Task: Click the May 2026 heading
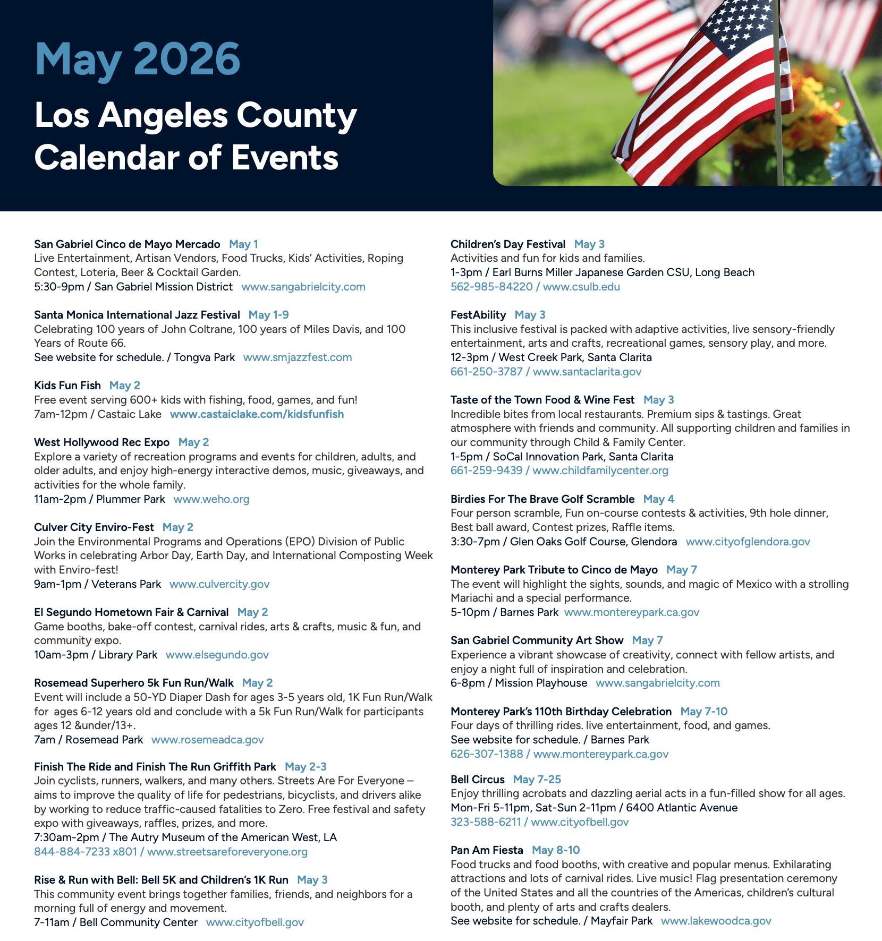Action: (x=138, y=59)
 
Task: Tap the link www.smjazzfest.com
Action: (x=298, y=357)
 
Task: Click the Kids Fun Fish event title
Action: (x=67, y=386)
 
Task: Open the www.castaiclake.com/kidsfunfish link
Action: (x=257, y=414)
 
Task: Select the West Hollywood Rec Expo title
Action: (x=101, y=442)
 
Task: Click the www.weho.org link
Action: (x=211, y=499)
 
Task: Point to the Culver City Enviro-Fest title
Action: (x=94, y=527)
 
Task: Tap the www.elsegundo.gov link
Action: (x=217, y=655)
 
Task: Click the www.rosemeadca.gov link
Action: (x=208, y=740)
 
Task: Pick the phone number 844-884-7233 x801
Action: (x=86, y=852)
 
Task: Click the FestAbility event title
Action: (x=478, y=315)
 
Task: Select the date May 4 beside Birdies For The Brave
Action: (x=658, y=499)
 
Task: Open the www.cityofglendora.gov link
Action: (x=748, y=542)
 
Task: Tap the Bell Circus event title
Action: (x=477, y=780)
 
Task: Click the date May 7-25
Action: (x=537, y=780)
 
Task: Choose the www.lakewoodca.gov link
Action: (x=716, y=921)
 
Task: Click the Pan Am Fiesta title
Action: (x=487, y=850)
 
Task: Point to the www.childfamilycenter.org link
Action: (x=600, y=471)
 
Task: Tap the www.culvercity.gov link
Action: (x=219, y=584)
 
